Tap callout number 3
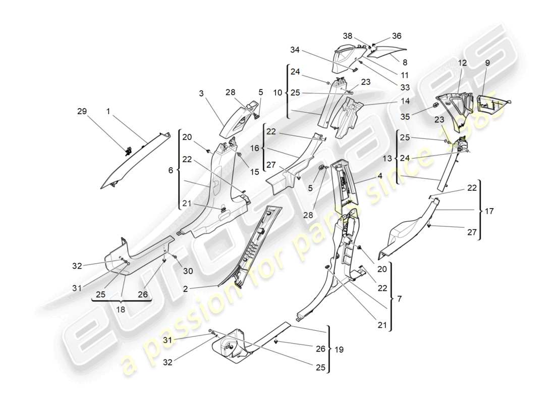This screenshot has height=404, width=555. point(201,94)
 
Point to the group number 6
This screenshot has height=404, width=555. point(171,171)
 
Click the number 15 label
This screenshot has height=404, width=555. point(254,172)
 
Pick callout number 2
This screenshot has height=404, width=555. point(185,289)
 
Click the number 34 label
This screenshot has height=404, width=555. point(295,50)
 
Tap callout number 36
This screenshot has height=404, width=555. point(397,36)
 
